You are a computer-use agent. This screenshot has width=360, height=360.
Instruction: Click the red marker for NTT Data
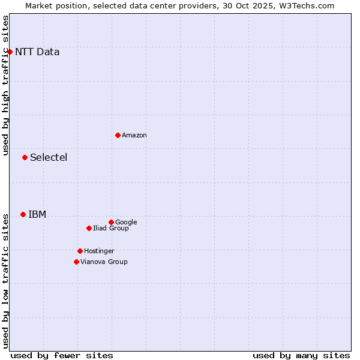[x=10, y=52]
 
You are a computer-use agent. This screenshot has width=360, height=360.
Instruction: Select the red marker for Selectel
[x=25, y=157]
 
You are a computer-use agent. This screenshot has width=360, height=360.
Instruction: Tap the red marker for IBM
[x=23, y=214]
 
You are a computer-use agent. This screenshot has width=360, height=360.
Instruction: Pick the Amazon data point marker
[x=118, y=135]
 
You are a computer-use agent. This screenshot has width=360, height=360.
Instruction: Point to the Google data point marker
[x=111, y=222]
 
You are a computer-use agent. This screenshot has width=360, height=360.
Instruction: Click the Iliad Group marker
[x=89, y=228]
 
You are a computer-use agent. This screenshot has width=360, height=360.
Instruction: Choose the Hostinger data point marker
[x=80, y=251]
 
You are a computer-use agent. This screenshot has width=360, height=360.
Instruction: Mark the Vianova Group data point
[x=76, y=262]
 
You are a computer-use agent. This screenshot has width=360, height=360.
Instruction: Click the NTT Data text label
[x=37, y=52]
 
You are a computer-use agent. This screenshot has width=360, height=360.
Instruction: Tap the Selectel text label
[x=49, y=157]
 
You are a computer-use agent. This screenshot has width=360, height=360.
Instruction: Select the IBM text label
[x=37, y=214]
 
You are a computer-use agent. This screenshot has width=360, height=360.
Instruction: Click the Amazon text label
[x=134, y=135]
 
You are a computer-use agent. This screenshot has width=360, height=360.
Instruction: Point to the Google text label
[x=126, y=222]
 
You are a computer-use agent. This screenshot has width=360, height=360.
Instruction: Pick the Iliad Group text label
[x=111, y=228]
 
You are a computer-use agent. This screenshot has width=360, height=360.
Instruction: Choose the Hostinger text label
[x=99, y=251]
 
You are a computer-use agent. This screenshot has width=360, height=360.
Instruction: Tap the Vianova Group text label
[x=104, y=262]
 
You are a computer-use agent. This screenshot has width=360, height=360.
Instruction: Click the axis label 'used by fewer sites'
[x=62, y=355]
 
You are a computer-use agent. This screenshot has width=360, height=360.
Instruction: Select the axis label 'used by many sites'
[x=301, y=355]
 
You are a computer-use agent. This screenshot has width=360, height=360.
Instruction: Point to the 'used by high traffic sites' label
[x=5, y=85]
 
